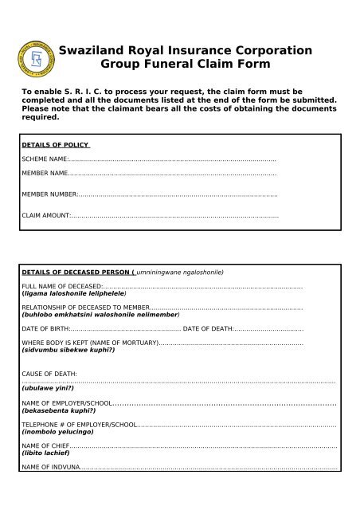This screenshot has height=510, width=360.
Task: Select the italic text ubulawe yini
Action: point(47,388)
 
